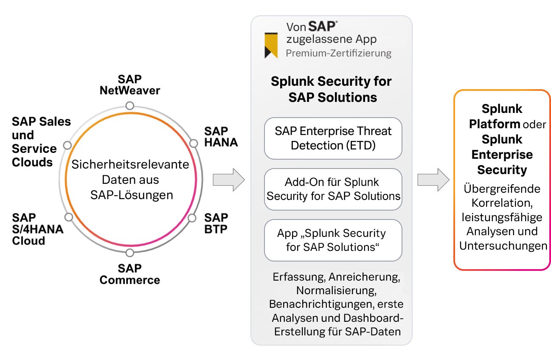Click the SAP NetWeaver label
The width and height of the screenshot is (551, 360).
pos(129,84)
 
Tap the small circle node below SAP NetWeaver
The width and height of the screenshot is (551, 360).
pos(130,105)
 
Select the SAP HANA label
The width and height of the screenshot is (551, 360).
pos(221,136)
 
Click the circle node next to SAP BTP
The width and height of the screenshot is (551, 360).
pos(192,218)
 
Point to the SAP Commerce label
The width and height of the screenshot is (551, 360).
pos(129,274)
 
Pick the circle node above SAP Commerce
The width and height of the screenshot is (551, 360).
pos(130,253)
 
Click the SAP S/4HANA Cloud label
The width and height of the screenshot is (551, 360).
pos(37,229)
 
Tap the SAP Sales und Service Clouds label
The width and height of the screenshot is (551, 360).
pos(41,142)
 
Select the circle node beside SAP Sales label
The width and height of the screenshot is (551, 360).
pos(67,145)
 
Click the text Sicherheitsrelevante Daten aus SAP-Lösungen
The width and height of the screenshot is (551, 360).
pos(130,180)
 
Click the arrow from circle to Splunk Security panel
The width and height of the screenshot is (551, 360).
pos(228,180)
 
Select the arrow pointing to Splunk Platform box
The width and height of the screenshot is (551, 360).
pos(433,180)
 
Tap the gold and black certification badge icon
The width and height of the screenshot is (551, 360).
pos(271,45)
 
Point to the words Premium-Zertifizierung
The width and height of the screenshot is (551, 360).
pos(338,53)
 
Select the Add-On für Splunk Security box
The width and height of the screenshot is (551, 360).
pos(333,189)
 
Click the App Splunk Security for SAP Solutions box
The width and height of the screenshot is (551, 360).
pos(333,240)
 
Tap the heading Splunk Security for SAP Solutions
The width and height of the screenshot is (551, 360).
pos(332,89)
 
